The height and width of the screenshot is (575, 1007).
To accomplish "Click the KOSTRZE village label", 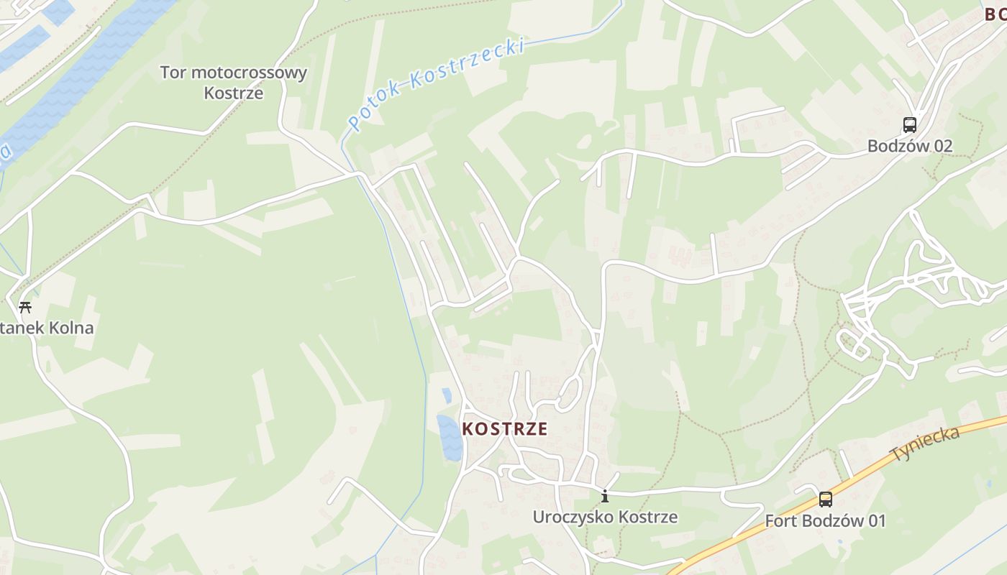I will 504,429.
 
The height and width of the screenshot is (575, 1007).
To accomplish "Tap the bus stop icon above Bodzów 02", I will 910,125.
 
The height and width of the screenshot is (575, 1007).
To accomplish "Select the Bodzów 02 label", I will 909,146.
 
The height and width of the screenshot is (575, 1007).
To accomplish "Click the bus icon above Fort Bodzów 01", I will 825,499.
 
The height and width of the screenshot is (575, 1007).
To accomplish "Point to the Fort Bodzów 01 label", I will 825,520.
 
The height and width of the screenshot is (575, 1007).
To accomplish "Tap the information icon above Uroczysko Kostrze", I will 605,496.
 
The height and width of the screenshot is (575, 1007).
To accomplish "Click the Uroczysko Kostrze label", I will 605,517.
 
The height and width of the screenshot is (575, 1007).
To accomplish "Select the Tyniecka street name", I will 925,444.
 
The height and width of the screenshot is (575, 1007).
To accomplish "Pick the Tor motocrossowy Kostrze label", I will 234,82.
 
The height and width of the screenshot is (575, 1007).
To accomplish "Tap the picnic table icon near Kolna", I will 25,308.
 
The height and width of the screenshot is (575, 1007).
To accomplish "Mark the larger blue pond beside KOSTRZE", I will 450,438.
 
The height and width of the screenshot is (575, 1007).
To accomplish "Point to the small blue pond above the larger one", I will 447,395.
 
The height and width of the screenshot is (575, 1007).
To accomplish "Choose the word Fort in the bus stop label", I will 780,520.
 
